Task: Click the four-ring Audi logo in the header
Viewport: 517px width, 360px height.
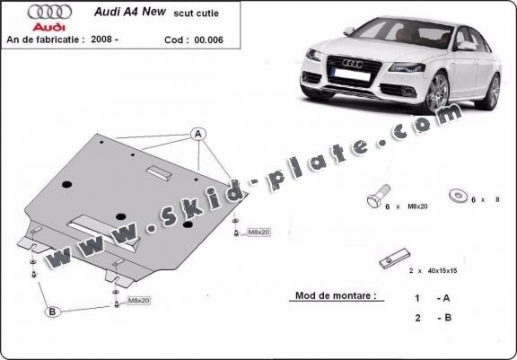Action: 49,12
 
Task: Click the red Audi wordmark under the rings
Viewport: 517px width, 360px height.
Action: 49,27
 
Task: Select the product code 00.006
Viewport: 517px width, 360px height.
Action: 209,40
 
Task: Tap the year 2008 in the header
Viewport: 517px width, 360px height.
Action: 102,40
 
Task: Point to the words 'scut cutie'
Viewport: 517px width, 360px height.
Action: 197,13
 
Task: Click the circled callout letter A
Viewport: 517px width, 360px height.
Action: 198,134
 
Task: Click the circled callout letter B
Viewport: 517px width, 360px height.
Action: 52,312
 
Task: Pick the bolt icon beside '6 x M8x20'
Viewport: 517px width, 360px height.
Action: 379,196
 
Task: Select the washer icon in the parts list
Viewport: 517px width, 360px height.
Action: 459,196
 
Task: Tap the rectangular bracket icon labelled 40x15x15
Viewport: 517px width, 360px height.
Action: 394,259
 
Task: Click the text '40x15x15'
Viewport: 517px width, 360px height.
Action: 443,270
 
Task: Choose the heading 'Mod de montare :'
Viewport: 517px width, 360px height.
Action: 336,295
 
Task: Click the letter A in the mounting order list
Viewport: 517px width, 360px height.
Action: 446,298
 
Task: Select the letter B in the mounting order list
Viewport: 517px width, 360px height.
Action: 448,318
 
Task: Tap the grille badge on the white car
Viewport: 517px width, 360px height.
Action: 353,63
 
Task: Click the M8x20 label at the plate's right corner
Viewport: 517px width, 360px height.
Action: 258,233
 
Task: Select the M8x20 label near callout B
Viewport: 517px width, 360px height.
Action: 139,301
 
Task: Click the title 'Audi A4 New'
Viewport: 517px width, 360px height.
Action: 130,12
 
